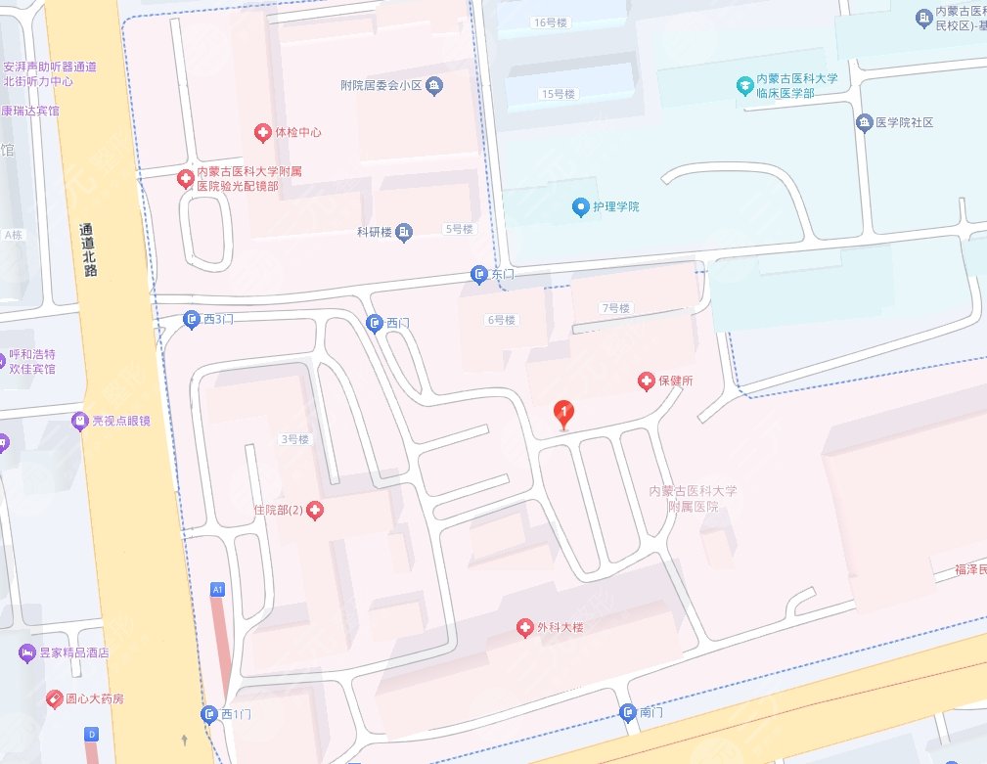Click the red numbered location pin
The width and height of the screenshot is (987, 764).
coord(562,413)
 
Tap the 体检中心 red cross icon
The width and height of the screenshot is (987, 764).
coord(262,132)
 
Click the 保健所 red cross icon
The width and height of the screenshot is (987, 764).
coord(646,382)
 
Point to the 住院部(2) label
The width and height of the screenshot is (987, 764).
coord(279,510)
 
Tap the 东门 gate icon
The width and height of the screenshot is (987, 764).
coord(479,276)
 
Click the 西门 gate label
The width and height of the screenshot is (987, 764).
coord(397,323)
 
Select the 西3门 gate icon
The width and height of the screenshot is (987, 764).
coord(192,319)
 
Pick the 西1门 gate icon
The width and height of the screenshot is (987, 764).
coord(209,715)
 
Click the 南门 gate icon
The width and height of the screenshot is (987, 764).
coord(628,713)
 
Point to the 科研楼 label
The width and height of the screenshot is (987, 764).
coord(374,232)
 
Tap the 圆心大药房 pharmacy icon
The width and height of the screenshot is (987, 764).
coord(55,698)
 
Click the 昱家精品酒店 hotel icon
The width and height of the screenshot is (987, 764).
coord(26,652)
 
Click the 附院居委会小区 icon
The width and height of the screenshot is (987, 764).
coord(435,86)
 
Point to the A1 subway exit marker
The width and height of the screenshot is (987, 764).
coord(218,589)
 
